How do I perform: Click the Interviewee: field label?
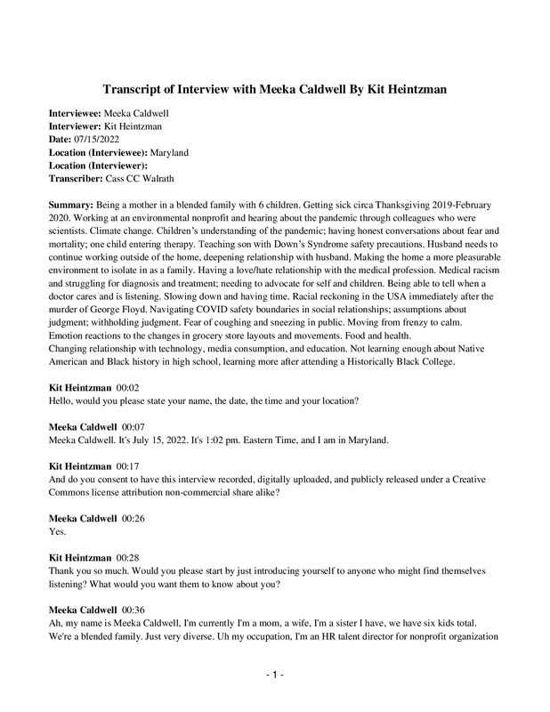point(75,114)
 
